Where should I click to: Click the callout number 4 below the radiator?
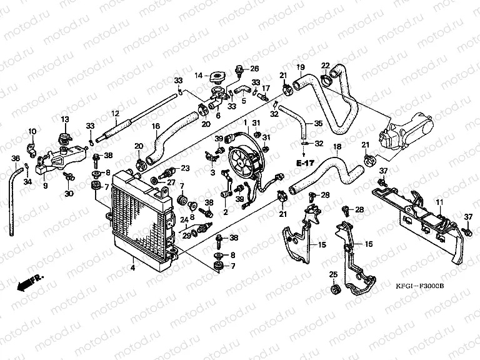click(132, 268)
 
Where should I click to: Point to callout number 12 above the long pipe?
click(115, 113)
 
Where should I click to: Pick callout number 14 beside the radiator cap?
click(198, 76)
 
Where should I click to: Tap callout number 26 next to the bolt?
click(254, 68)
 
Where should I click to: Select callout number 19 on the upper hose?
click(300, 67)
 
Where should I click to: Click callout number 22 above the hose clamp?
click(326, 66)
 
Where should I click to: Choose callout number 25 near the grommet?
click(333, 274)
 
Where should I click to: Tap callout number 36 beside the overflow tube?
click(16, 158)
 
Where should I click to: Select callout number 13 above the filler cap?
click(64, 119)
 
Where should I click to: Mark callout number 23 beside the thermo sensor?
click(185, 167)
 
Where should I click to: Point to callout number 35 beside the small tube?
click(318, 123)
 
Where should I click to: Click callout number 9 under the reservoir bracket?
click(45, 185)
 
